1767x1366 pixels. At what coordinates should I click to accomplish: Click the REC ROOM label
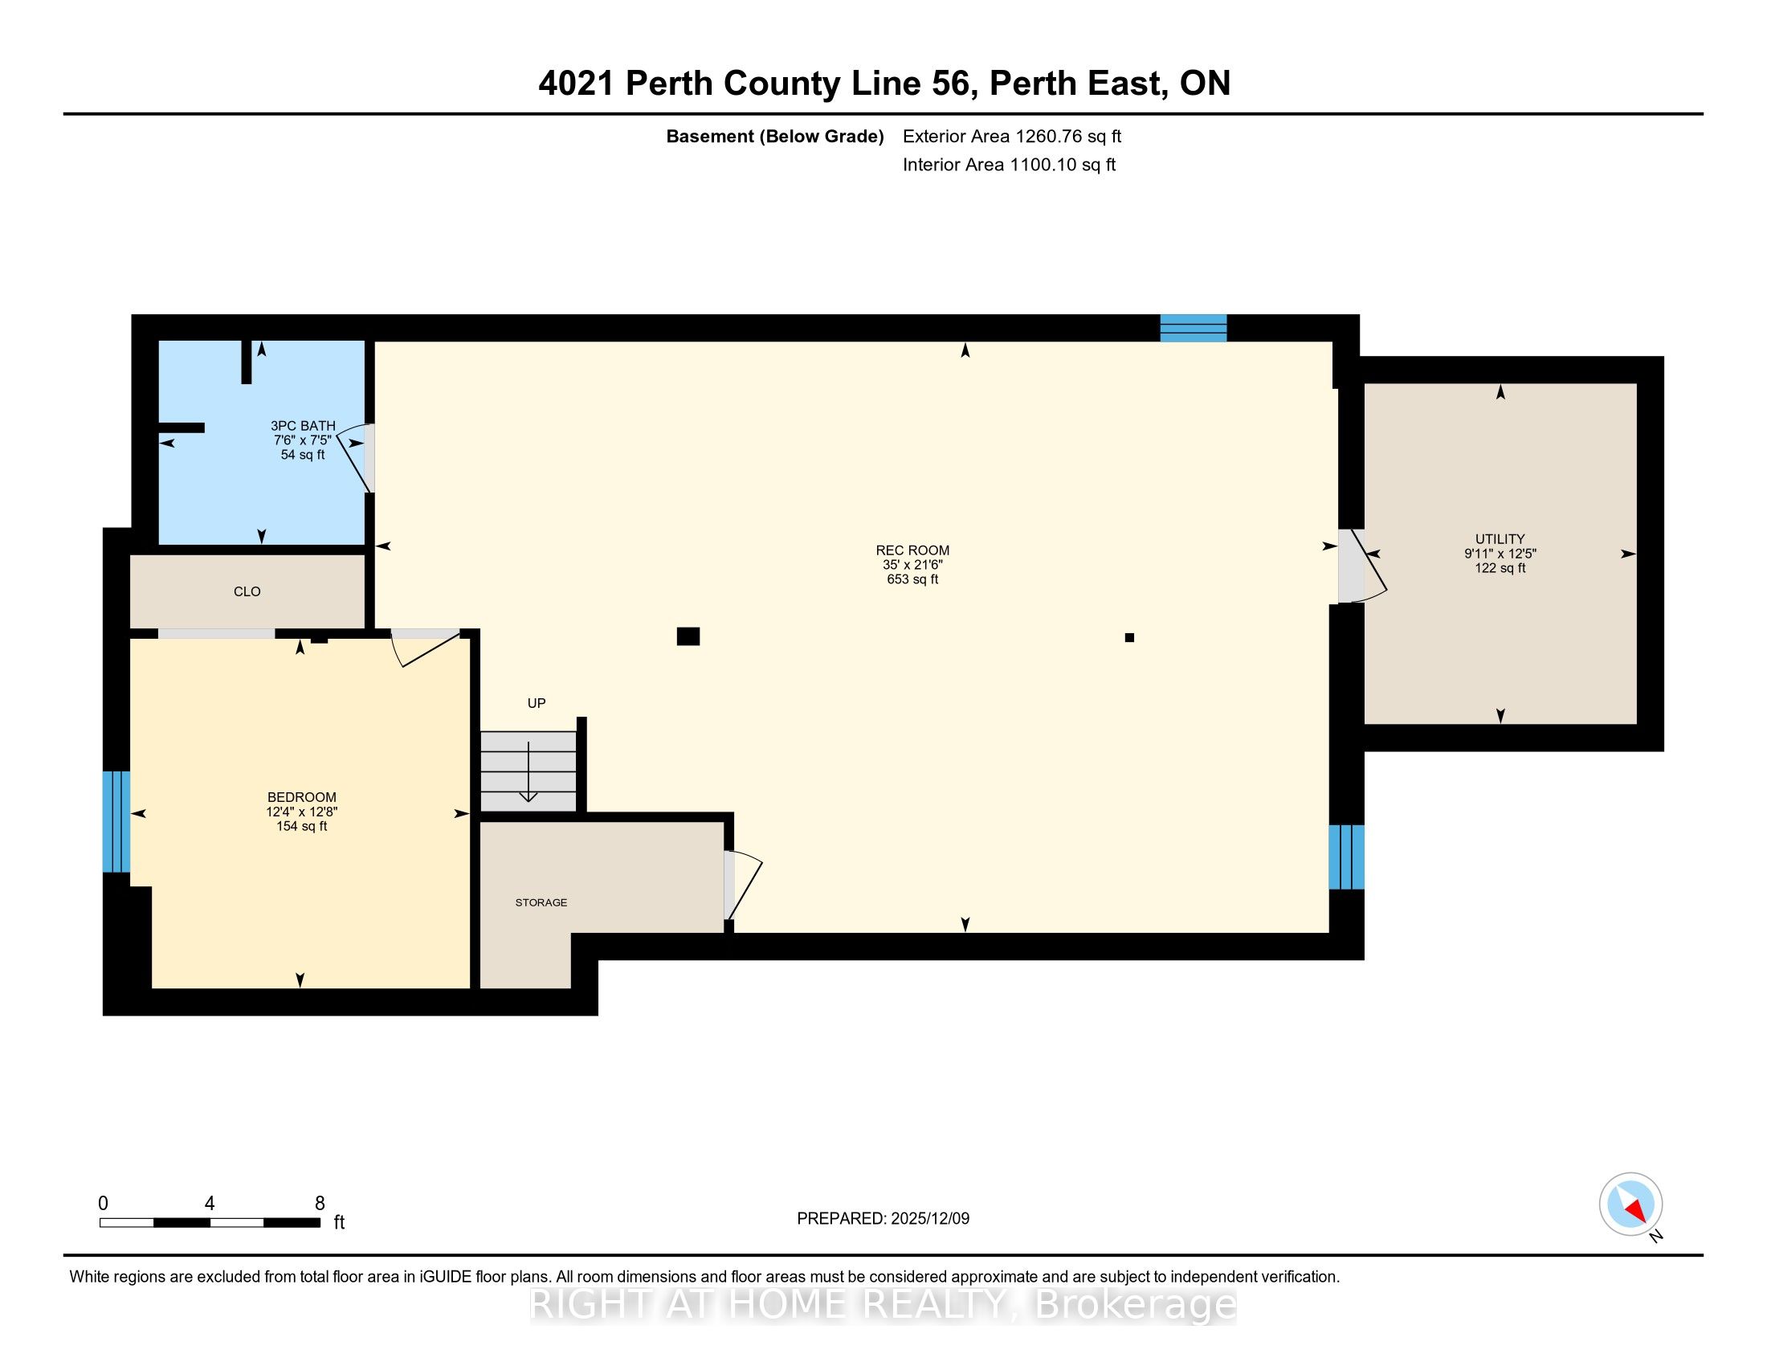(x=912, y=550)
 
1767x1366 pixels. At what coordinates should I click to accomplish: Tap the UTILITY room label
(x=1500, y=539)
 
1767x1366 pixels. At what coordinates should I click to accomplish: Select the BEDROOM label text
(x=302, y=797)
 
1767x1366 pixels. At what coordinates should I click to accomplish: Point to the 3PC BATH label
(x=303, y=426)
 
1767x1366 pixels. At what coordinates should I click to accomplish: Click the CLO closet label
(x=247, y=591)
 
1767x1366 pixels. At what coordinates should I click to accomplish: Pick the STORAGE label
(x=541, y=902)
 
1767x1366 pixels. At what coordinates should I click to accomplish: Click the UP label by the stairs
(x=537, y=703)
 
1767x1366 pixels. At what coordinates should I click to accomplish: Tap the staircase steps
(x=528, y=771)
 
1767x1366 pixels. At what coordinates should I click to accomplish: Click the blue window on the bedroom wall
(x=116, y=821)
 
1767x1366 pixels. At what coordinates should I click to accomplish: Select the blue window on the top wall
(x=1194, y=328)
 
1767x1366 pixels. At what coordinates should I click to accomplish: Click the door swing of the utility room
(x=1362, y=566)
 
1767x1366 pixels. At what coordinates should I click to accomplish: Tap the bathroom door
(x=356, y=458)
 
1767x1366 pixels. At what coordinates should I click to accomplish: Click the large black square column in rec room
(x=688, y=636)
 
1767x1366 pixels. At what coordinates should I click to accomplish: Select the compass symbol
(x=1631, y=1204)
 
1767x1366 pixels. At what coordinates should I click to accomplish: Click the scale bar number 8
(x=320, y=1203)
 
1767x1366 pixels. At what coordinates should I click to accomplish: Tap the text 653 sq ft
(x=912, y=579)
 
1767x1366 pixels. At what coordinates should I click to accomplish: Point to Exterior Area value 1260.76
(x=1048, y=136)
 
